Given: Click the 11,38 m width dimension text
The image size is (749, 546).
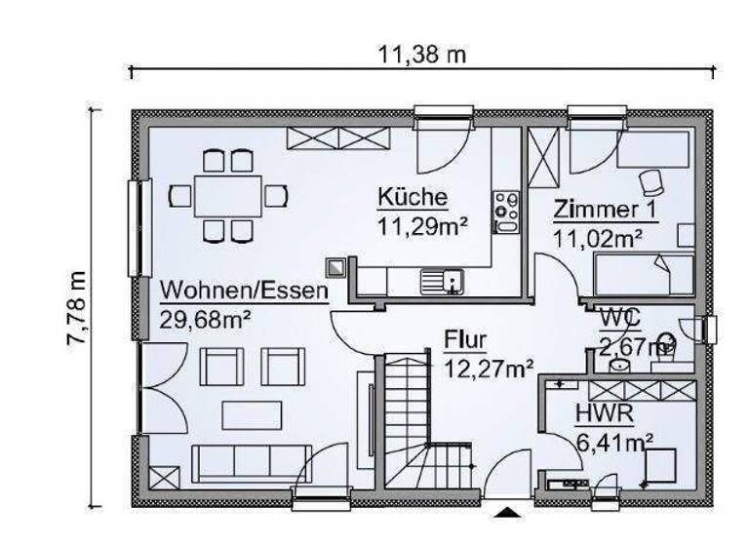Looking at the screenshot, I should (x=422, y=55).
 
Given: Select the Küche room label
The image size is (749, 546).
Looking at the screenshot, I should (x=413, y=198).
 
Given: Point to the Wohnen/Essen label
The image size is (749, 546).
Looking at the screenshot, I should (x=243, y=291).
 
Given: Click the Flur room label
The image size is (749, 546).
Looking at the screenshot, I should (x=465, y=340).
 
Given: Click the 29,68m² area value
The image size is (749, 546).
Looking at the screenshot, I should (x=206, y=319).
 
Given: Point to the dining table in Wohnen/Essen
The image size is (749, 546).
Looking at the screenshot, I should (x=227, y=195).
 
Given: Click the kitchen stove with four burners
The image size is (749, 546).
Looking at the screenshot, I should (x=506, y=209).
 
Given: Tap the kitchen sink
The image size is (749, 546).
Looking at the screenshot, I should (x=442, y=282).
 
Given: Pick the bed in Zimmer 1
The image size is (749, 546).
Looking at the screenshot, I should (x=644, y=274).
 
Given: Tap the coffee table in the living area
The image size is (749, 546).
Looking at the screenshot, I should (x=251, y=415).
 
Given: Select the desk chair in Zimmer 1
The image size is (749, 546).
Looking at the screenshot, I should (x=650, y=181).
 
